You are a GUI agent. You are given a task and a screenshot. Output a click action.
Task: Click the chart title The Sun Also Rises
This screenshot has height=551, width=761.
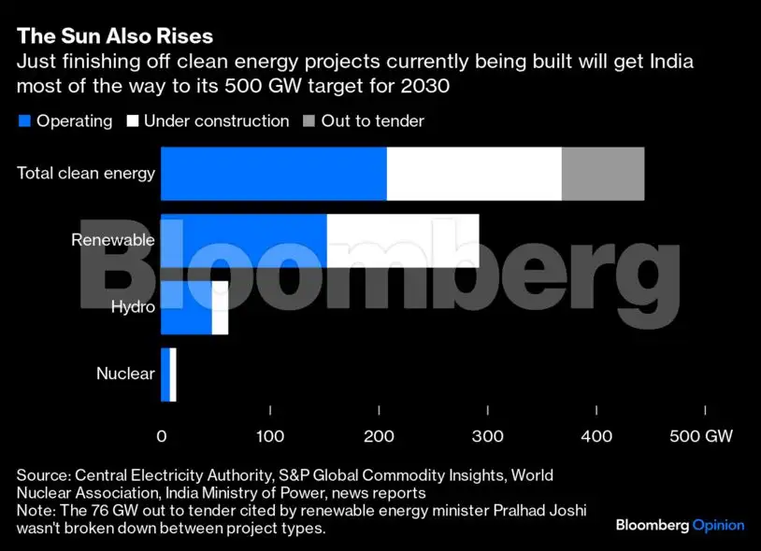coord(115,36)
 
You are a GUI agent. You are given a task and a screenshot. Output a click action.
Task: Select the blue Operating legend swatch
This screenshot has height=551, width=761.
coord(24,121)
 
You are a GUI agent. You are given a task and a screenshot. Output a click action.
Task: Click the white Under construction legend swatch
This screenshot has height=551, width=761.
coord(132,121)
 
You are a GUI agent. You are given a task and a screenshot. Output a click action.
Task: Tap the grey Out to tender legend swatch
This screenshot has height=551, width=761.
coord(309,121)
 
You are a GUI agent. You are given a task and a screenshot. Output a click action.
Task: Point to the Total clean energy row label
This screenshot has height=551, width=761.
coord(86,173)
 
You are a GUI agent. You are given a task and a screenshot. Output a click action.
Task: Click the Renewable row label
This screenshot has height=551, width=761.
coord(112,240)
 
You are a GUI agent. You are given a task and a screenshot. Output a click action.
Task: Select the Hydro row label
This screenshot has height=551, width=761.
coord(133,306)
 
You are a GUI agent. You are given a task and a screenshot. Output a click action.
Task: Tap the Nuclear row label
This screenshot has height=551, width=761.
coord(125,374)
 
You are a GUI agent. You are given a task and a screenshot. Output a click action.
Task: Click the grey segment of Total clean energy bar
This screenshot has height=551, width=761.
coord(603,174)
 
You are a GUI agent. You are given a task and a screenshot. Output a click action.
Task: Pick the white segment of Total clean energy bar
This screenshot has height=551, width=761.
coord(474,174)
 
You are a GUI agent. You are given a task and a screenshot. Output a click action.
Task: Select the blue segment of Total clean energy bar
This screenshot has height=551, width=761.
coord(273,174)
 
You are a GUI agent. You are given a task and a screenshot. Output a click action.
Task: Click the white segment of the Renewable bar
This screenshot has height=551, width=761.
coord(403,240)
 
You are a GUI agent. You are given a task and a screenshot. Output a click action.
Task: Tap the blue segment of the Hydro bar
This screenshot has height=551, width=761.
coord(186,307)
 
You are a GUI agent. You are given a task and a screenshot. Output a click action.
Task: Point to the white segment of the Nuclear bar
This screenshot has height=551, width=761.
coord(173,374)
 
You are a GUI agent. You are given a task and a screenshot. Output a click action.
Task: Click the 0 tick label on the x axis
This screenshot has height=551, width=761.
coord(161,436)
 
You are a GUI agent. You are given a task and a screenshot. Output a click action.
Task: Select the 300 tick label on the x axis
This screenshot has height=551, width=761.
coord(487,436)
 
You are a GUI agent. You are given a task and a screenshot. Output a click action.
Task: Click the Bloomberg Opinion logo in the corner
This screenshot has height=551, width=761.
coord(680,526)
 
